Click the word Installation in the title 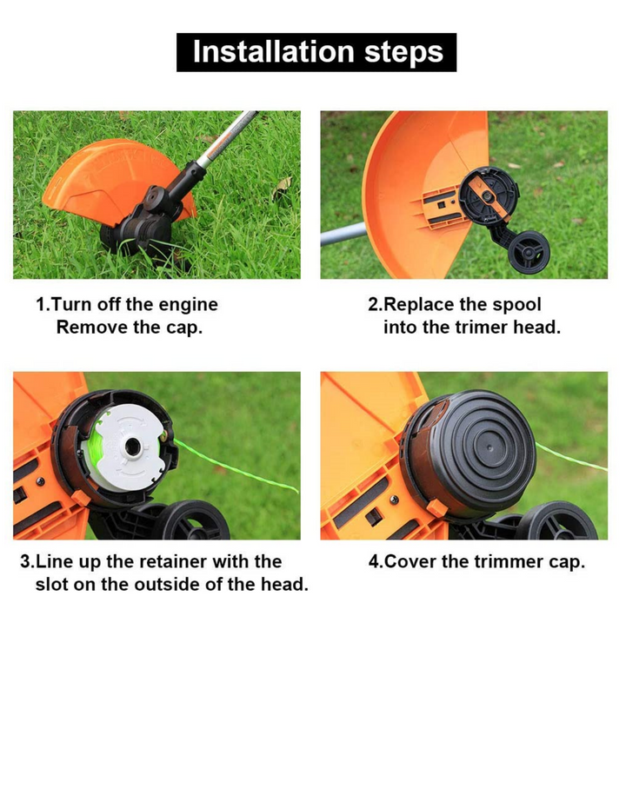(x=273, y=51)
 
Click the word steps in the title (x=403, y=53)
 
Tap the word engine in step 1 (x=188, y=305)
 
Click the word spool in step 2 (x=516, y=305)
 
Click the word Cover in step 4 (x=410, y=561)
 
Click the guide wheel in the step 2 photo (x=529, y=252)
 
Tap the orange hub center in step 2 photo (x=486, y=195)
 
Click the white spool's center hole (x=132, y=447)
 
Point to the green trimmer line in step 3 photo (x=236, y=467)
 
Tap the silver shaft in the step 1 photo (x=227, y=138)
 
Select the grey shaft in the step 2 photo (x=343, y=234)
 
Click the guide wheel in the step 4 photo (x=557, y=521)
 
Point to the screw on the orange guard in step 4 (x=394, y=500)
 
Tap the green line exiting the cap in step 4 (x=571, y=458)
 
